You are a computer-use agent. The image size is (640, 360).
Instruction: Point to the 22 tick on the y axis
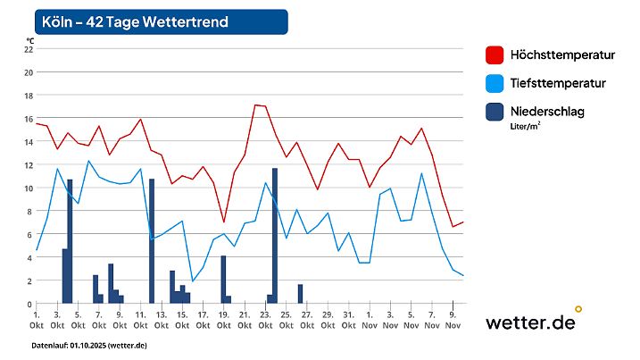tap(28, 49)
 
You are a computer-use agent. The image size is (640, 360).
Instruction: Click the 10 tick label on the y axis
tap(28, 188)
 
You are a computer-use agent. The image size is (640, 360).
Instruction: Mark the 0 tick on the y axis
tap(29, 304)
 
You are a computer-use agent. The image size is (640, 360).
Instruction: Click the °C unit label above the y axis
tap(30, 40)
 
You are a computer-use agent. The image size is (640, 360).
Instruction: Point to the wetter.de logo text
tap(530, 323)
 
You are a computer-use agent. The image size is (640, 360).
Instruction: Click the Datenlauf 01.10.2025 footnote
tap(89, 345)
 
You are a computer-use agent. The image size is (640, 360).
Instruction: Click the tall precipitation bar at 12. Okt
tap(152, 241)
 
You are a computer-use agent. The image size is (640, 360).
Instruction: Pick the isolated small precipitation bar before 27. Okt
tap(300, 294)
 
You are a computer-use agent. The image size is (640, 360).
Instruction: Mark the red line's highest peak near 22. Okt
tap(255, 105)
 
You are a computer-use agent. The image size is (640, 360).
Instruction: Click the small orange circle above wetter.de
tap(578, 309)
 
